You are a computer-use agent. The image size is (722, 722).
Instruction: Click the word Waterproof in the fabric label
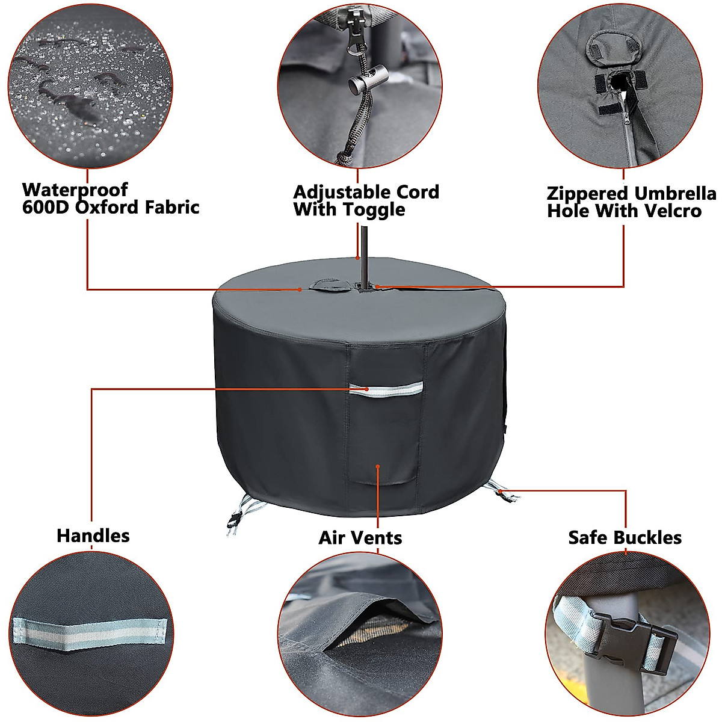(75, 190)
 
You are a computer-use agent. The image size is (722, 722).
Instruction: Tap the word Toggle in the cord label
(374, 210)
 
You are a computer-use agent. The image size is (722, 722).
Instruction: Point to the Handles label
(93, 535)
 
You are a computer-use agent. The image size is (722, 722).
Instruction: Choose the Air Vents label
(360, 537)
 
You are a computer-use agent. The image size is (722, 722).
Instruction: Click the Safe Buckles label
(625, 537)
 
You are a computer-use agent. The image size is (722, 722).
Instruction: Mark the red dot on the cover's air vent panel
(377, 465)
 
